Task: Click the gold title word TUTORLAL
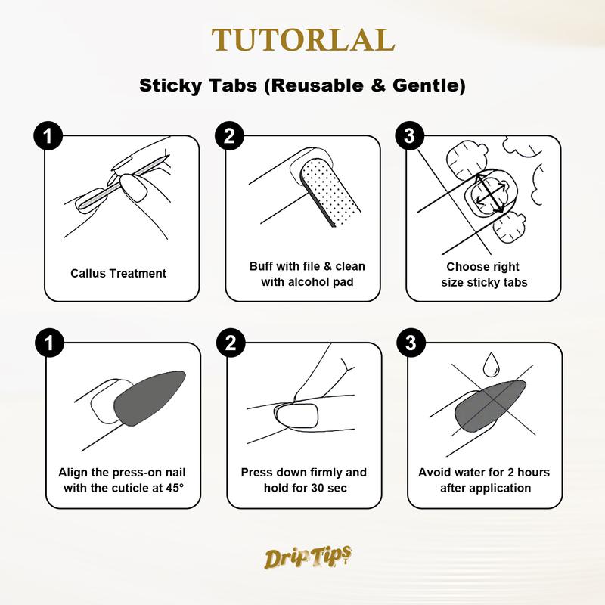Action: [302, 40]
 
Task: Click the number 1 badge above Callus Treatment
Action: [48, 136]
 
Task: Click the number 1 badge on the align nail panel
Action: [48, 343]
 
